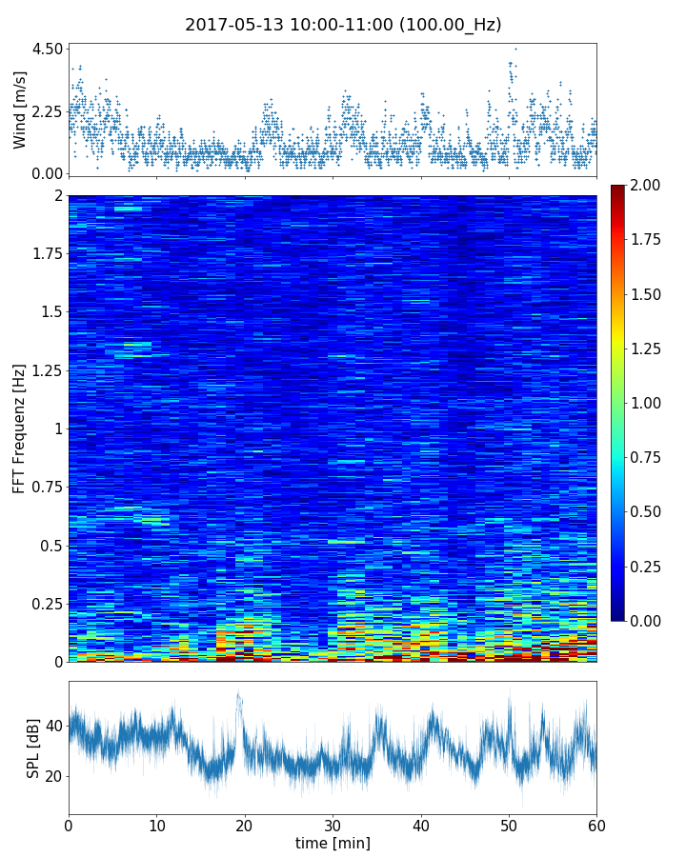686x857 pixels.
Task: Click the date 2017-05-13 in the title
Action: click(x=230, y=25)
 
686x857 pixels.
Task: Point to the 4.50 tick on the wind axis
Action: click(x=47, y=49)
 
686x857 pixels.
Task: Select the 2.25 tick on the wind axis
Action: click(x=47, y=111)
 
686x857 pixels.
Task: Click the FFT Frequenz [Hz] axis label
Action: click(x=20, y=428)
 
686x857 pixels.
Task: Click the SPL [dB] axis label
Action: click(x=33, y=747)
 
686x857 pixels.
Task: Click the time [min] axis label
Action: click(x=333, y=843)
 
